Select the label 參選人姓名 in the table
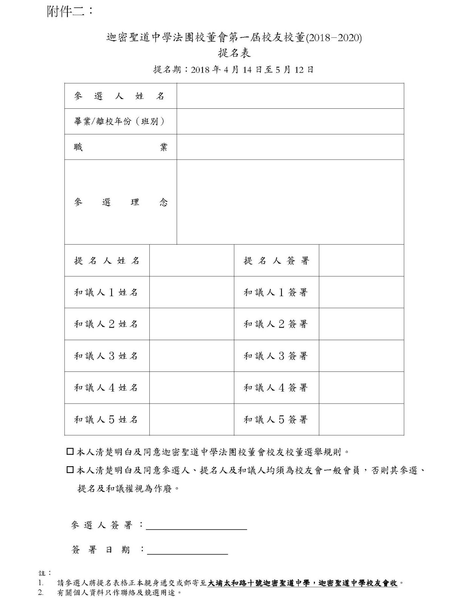point(120,96)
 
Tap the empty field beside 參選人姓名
point(290,96)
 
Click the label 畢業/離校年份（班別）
point(120,122)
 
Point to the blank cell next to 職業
point(290,147)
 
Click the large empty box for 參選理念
point(290,202)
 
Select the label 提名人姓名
point(107,260)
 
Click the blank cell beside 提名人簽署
point(361,260)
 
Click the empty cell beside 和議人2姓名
point(192,324)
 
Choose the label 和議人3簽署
point(276,356)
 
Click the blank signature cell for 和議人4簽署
point(361,388)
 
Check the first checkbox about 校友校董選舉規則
point(70,451)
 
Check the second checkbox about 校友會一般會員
point(70,470)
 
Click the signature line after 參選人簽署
point(196,525)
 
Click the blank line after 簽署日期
point(187,550)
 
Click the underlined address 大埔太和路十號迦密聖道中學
point(260,583)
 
